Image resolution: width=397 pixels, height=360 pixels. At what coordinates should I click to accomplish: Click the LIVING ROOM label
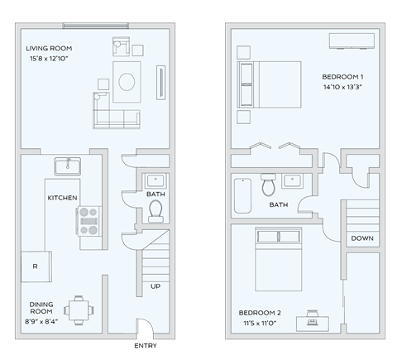click(49, 48)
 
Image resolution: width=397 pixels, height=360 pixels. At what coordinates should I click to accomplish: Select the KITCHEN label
click(62, 198)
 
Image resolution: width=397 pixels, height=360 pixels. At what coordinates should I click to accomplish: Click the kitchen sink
click(67, 166)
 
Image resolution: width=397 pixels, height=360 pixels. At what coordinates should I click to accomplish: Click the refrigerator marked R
click(35, 266)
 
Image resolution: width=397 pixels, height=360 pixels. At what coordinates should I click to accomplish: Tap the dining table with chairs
click(79, 310)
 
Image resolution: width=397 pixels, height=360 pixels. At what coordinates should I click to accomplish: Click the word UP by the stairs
click(155, 286)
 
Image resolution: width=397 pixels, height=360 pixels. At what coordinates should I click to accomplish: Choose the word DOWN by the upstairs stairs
click(361, 238)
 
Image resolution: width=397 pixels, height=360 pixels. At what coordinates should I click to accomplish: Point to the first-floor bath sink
click(155, 180)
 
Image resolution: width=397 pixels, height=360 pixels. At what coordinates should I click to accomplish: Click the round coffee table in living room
click(128, 81)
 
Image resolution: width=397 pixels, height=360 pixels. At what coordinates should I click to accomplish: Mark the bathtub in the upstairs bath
click(242, 194)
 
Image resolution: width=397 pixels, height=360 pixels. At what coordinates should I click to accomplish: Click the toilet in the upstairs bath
click(268, 185)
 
